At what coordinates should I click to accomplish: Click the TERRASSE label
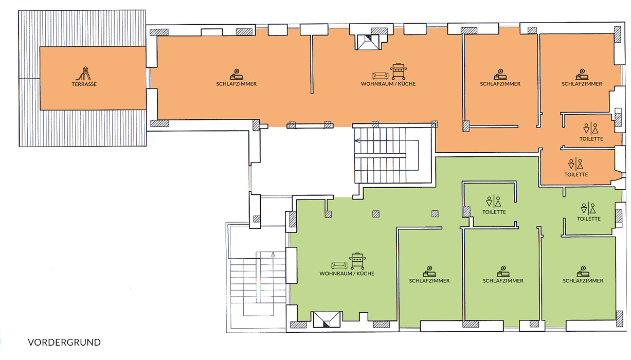[84, 84]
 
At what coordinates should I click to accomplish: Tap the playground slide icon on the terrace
[84, 74]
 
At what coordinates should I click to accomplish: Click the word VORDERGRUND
[64, 342]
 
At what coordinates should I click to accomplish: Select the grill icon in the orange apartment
[399, 71]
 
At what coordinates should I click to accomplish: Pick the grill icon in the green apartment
[357, 261]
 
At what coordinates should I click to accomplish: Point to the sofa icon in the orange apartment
[380, 76]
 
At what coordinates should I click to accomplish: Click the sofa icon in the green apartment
[339, 265]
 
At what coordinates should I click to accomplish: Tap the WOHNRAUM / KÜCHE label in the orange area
[388, 84]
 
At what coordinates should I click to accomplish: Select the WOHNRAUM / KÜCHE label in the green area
[347, 274]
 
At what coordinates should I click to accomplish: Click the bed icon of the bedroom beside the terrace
[237, 75]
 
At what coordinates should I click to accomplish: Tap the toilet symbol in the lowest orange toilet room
[575, 164]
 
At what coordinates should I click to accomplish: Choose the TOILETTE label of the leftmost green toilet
[494, 212]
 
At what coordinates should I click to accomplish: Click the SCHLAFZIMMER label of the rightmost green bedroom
[583, 281]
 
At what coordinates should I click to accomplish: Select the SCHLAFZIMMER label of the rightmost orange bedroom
[582, 84]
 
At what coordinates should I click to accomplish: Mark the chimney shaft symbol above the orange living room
[368, 42]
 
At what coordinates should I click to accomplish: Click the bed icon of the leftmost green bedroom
[429, 271]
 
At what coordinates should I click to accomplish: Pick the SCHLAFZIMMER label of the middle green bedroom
[503, 281]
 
